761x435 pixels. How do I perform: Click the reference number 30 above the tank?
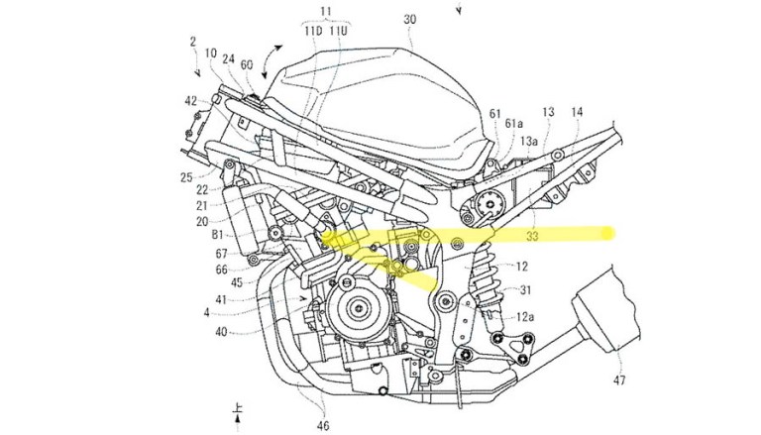410,19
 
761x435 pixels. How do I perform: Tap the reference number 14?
578,113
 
